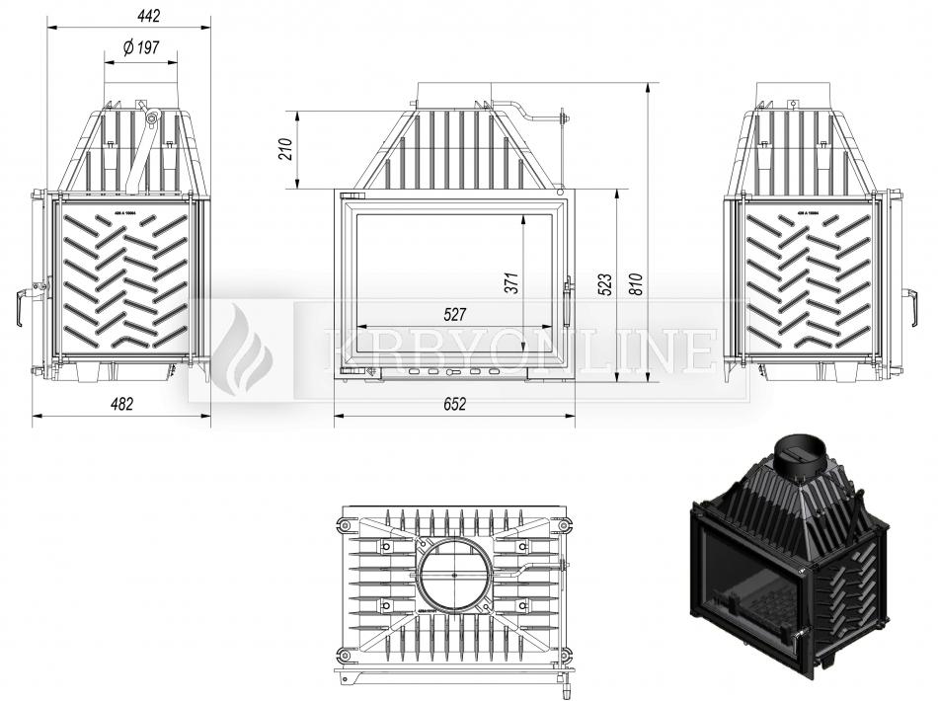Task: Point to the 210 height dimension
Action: point(285,149)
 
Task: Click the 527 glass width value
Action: point(454,314)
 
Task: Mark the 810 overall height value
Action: point(636,284)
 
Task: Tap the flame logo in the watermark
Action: point(242,350)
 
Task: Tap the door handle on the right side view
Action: point(913,306)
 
